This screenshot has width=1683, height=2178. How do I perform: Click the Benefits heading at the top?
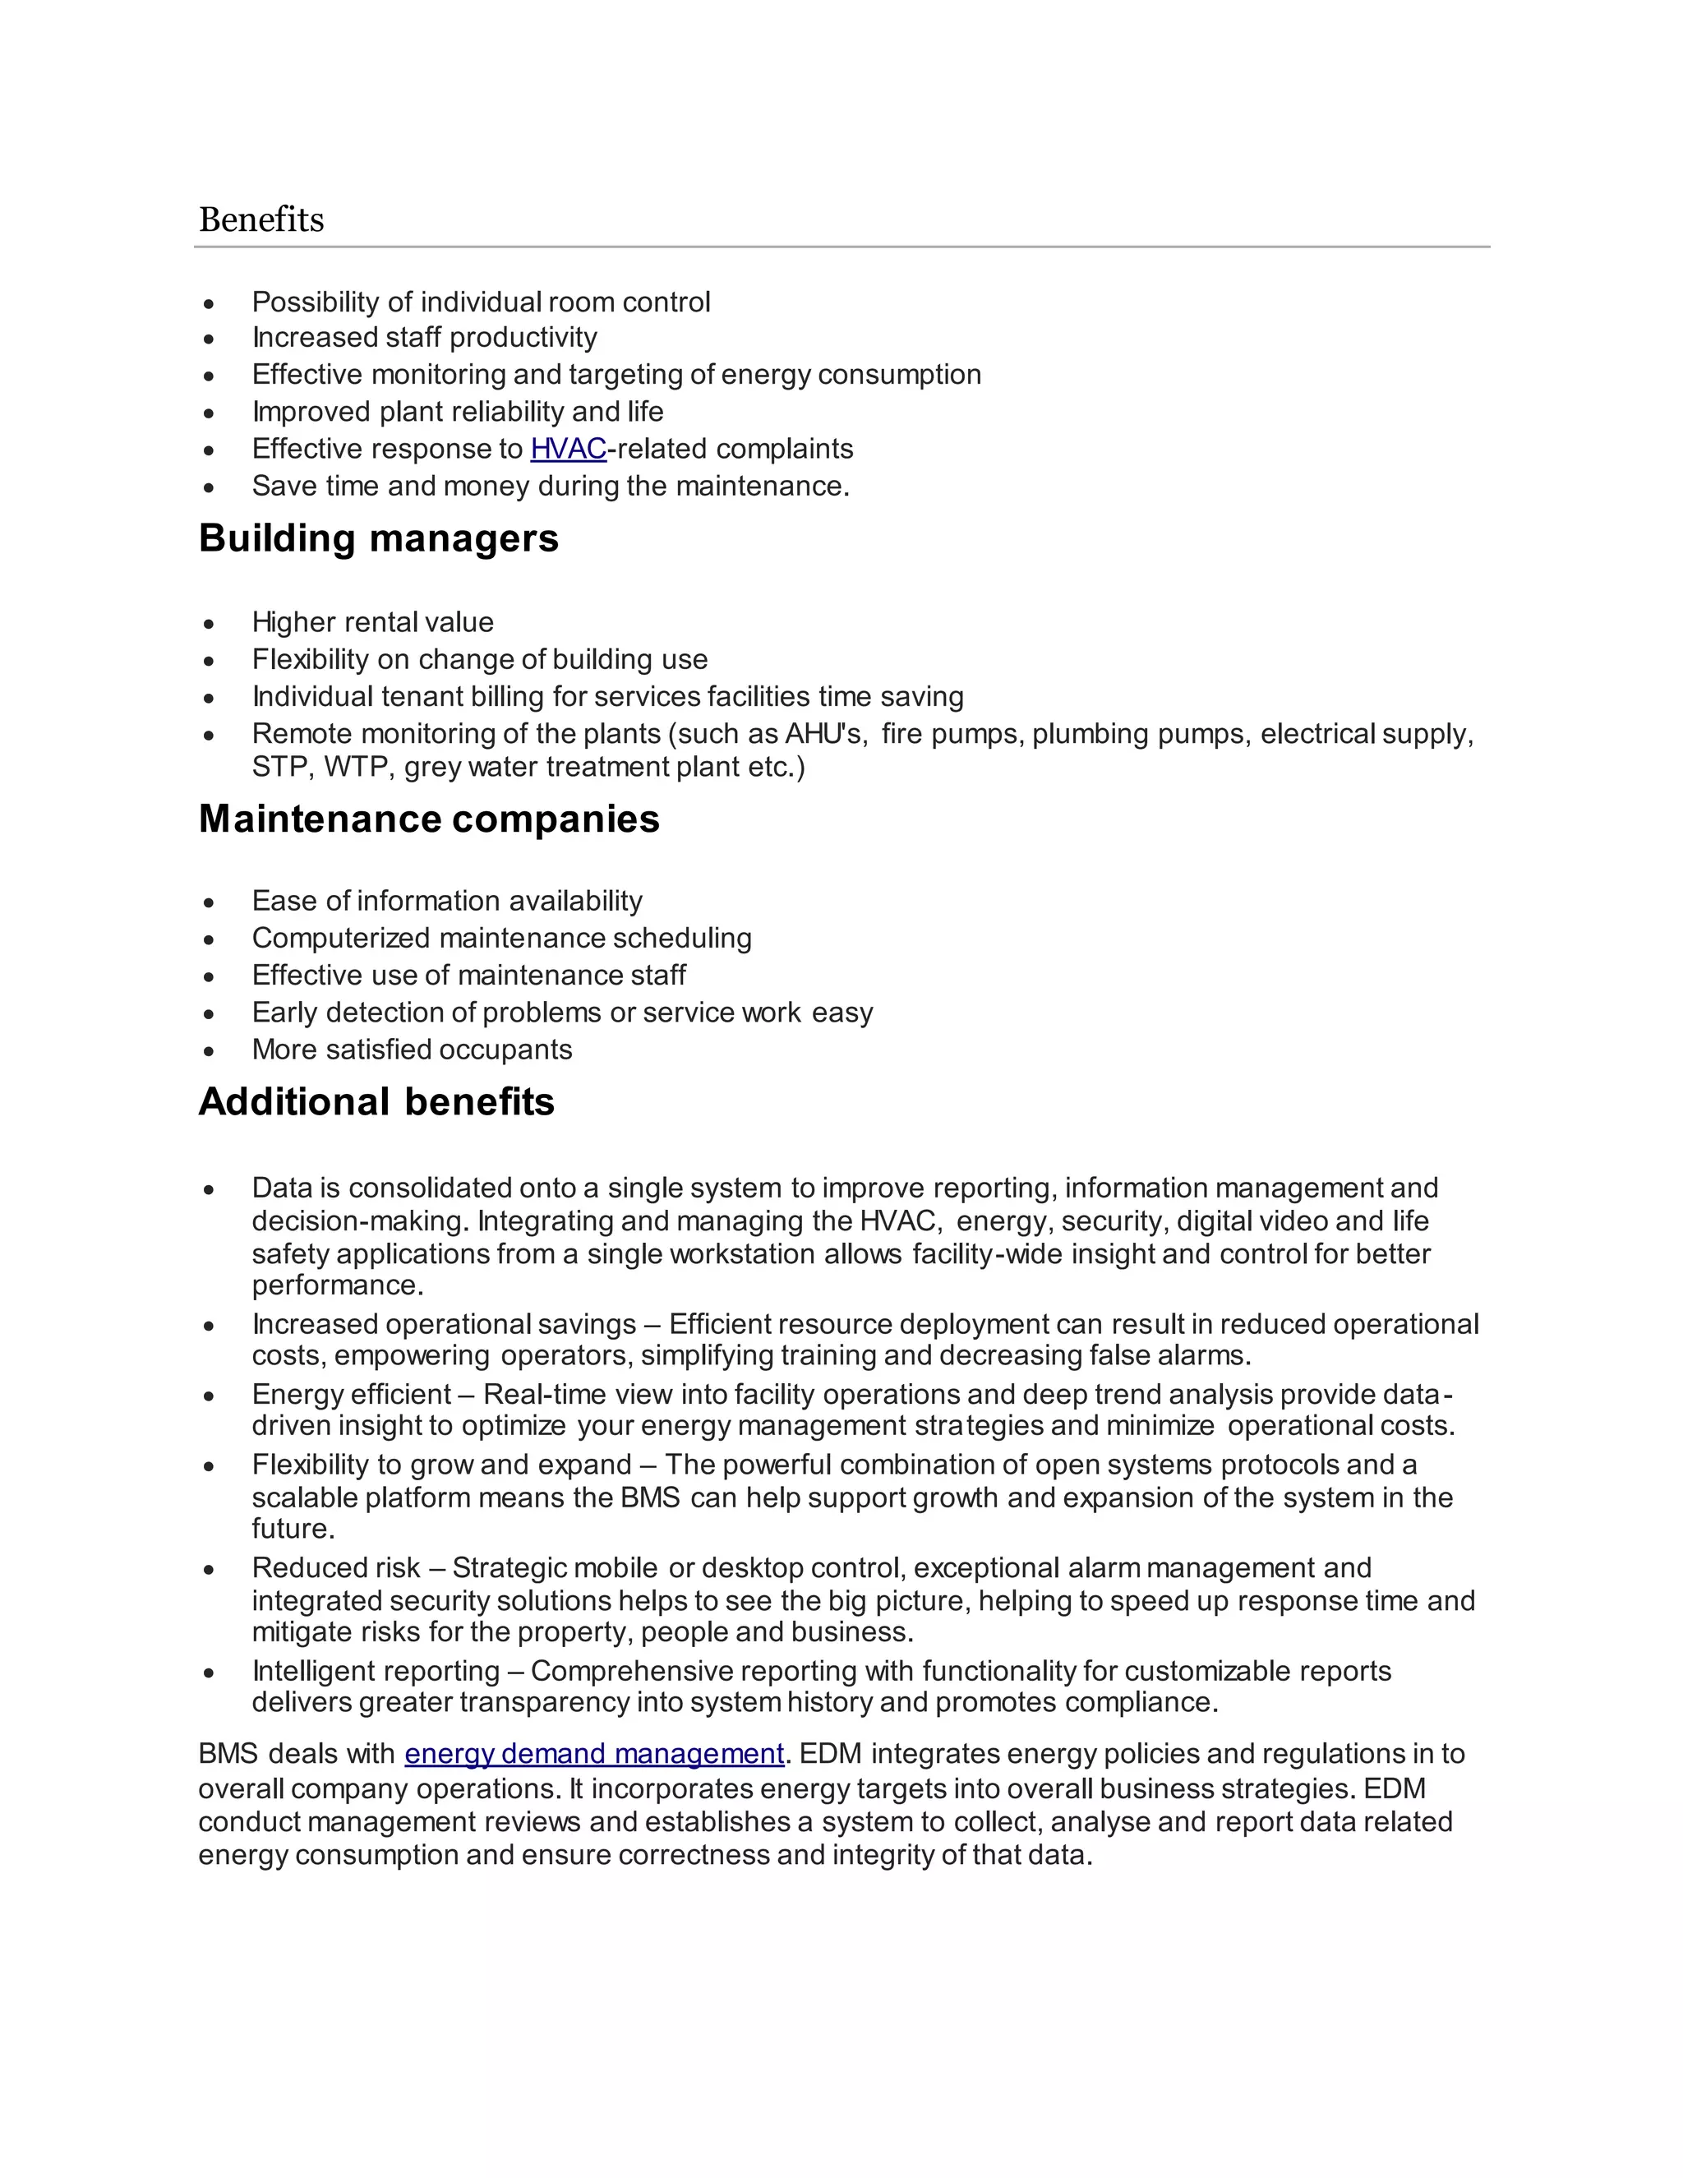click(x=261, y=219)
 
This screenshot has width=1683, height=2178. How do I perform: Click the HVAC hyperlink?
click(x=569, y=449)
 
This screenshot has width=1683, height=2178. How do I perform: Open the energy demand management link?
click(x=594, y=1753)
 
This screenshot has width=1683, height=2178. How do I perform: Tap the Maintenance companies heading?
click(x=429, y=819)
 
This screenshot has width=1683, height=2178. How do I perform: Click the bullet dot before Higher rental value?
click(x=209, y=625)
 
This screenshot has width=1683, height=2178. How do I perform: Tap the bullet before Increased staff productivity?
click(x=209, y=340)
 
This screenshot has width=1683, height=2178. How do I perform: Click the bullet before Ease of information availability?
click(x=209, y=903)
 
